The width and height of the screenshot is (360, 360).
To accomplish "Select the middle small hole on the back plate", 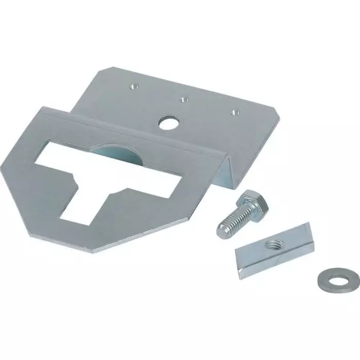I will point(182,100).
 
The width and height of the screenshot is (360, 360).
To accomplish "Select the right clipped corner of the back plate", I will point(278,123).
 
